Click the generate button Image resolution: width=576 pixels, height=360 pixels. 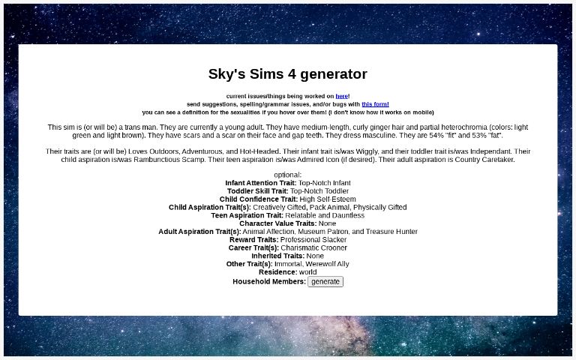(325, 282)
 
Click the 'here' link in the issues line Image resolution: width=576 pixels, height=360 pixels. (341, 96)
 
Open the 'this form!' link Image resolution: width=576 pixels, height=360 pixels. (375, 104)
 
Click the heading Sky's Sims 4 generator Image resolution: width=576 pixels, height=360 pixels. (288, 74)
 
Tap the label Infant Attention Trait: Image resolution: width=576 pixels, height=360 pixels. (260, 183)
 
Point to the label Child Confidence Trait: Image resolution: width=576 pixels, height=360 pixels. (259, 199)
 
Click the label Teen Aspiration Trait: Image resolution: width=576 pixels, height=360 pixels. (247, 215)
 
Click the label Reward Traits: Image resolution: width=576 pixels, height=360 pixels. (253, 240)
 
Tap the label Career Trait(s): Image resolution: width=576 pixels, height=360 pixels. (253, 248)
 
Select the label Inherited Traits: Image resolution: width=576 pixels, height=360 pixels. (277, 256)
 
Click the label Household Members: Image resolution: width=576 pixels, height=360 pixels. (269, 282)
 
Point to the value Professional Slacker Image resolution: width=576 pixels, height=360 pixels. (313, 240)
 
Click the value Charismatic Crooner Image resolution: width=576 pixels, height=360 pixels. (314, 248)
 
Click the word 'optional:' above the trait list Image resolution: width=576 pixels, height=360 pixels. (288, 175)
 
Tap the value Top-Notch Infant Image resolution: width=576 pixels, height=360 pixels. (324, 183)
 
